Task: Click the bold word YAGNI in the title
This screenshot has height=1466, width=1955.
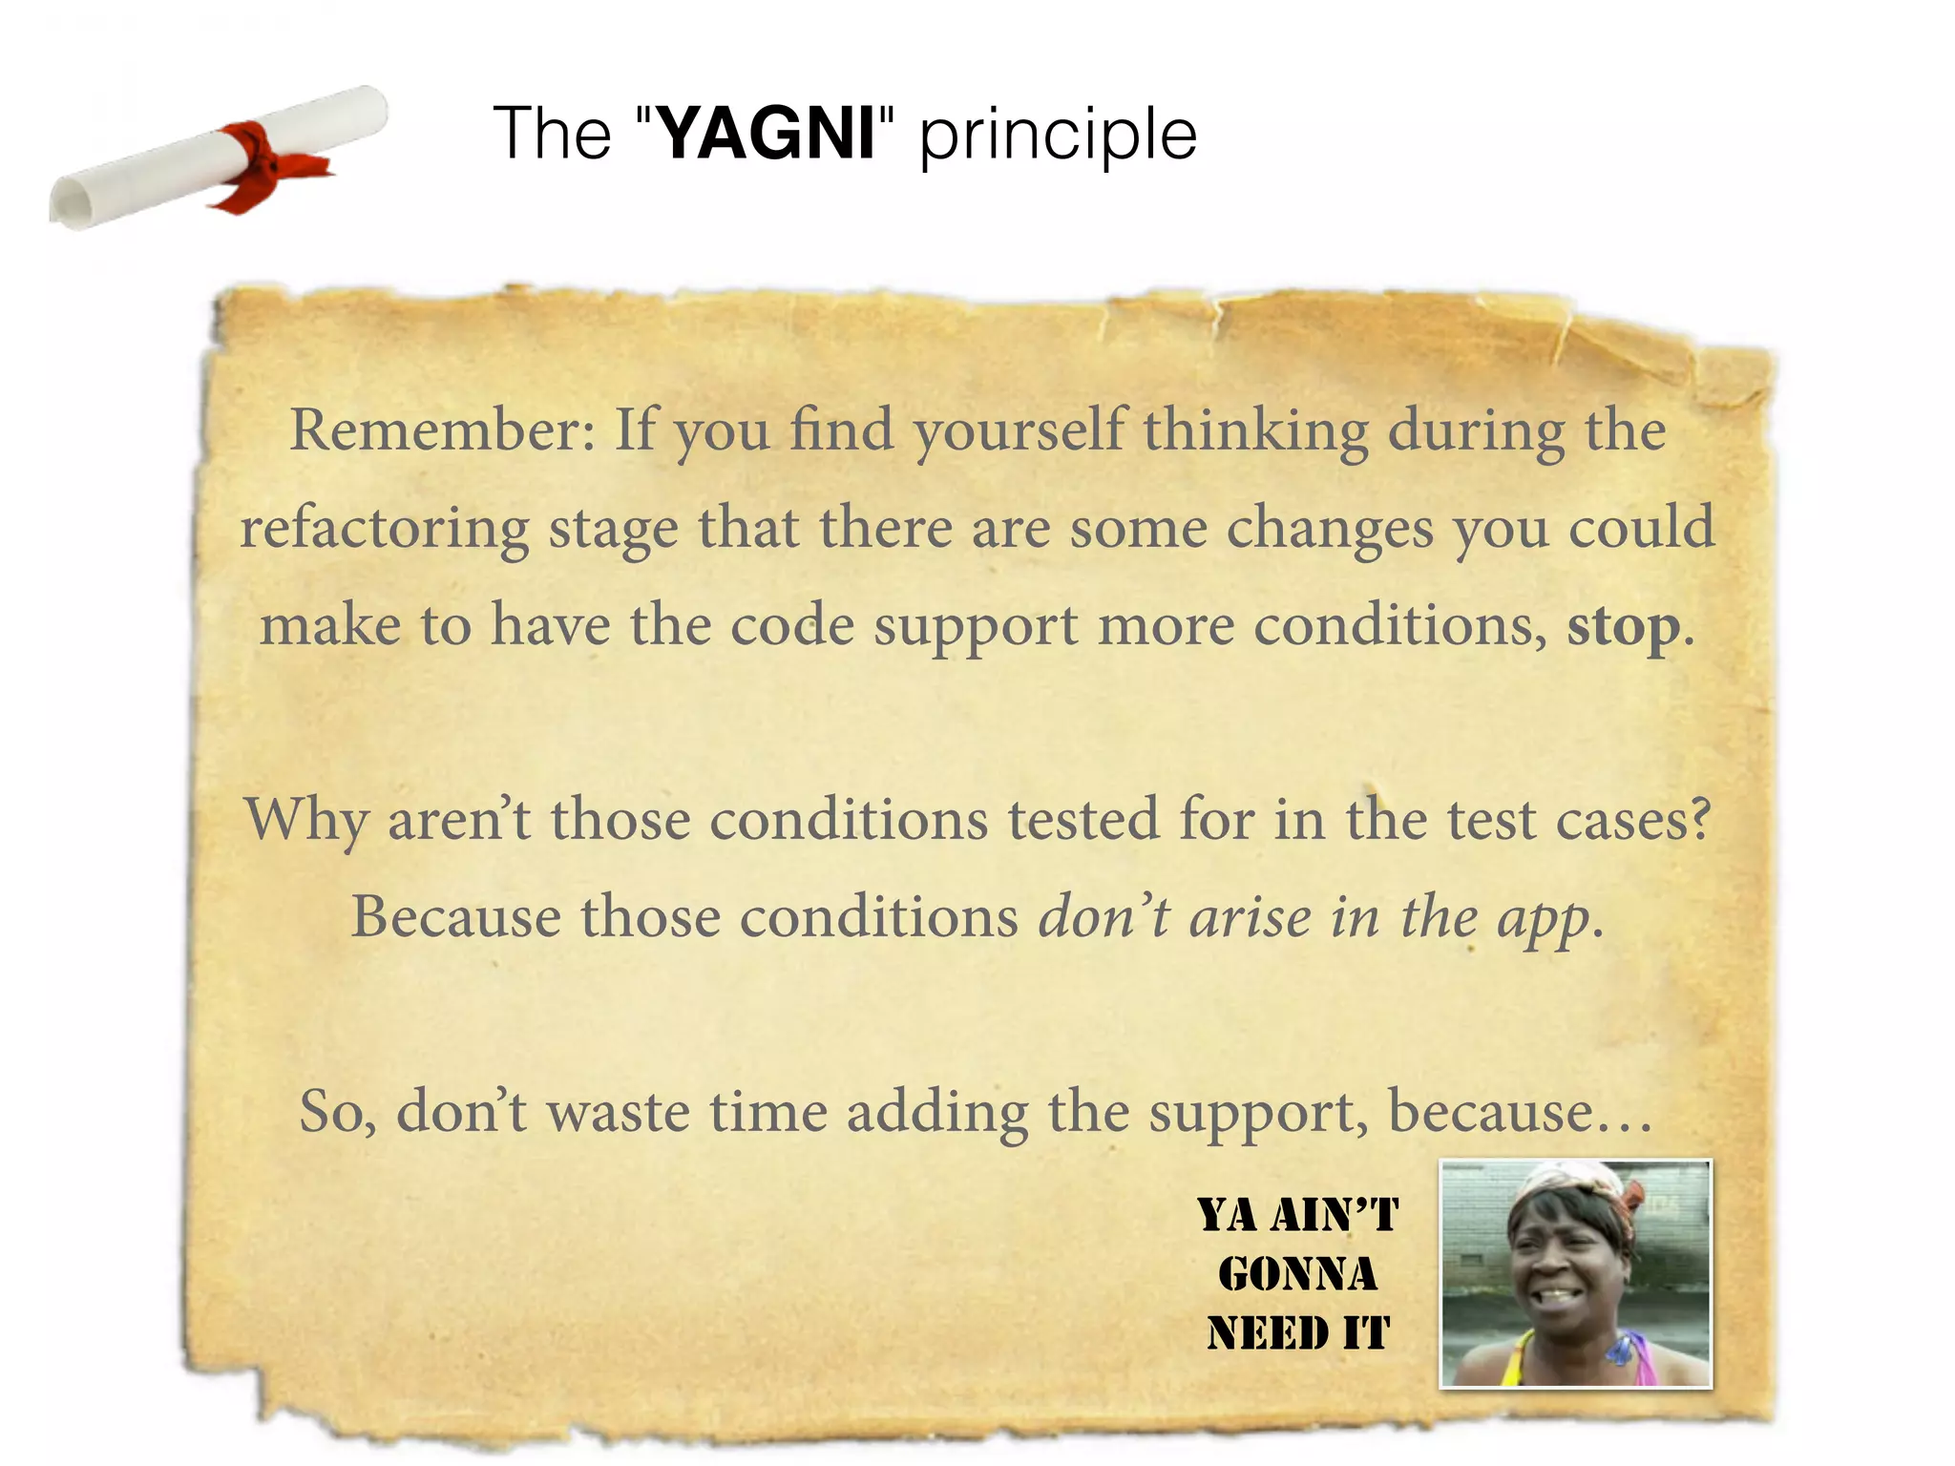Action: [x=767, y=134]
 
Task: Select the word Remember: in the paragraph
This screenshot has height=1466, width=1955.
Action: [x=443, y=430]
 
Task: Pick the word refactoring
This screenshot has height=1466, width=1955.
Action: [x=384, y=530]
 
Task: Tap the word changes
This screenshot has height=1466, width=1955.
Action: [x=1330, y=530]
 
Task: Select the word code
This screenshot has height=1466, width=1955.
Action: [x=791, y=626]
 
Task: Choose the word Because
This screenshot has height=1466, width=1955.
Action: [x=456, y=918]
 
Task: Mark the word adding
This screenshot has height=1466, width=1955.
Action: [x=937, y=1114]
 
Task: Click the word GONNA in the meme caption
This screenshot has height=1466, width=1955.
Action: [x=1297, y=1275]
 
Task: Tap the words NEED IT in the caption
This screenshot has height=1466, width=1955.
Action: [x=1298, y=1333]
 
